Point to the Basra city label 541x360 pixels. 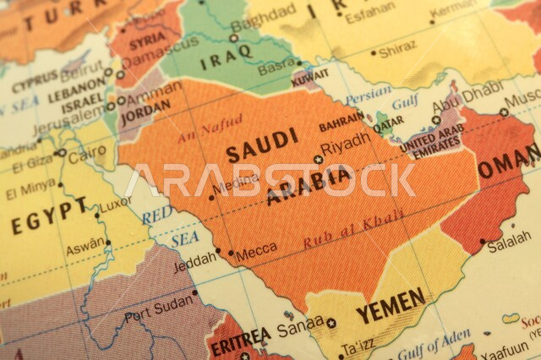[276, 66]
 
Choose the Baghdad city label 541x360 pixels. [265, 21]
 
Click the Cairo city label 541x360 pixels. [87, 157]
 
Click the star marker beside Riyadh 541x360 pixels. [318, 159]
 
